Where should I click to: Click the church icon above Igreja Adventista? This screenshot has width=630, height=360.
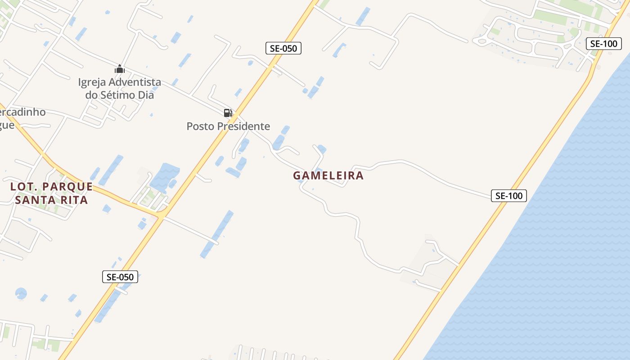(119, 69)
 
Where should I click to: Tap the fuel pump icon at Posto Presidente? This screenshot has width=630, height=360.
(228, 112)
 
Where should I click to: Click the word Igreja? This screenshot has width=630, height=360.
(92, 82)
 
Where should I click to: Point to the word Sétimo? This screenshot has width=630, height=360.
(119, 95)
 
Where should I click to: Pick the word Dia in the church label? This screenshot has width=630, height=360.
(146, 95)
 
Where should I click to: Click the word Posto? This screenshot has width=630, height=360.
(200, 126)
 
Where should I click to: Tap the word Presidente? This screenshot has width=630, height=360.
(243, 126)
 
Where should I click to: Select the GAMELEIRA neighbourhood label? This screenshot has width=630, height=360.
(328, 175)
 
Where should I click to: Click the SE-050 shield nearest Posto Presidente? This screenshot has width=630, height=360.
(283, 48)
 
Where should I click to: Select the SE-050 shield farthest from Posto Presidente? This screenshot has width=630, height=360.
(120, 277)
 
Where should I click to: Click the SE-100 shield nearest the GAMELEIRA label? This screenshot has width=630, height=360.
(508, 196)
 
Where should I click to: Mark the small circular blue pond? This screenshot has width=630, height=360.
(21, 293)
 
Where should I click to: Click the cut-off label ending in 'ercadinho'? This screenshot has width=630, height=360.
(22, 112)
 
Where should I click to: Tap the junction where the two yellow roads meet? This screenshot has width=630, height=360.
(161, 216)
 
